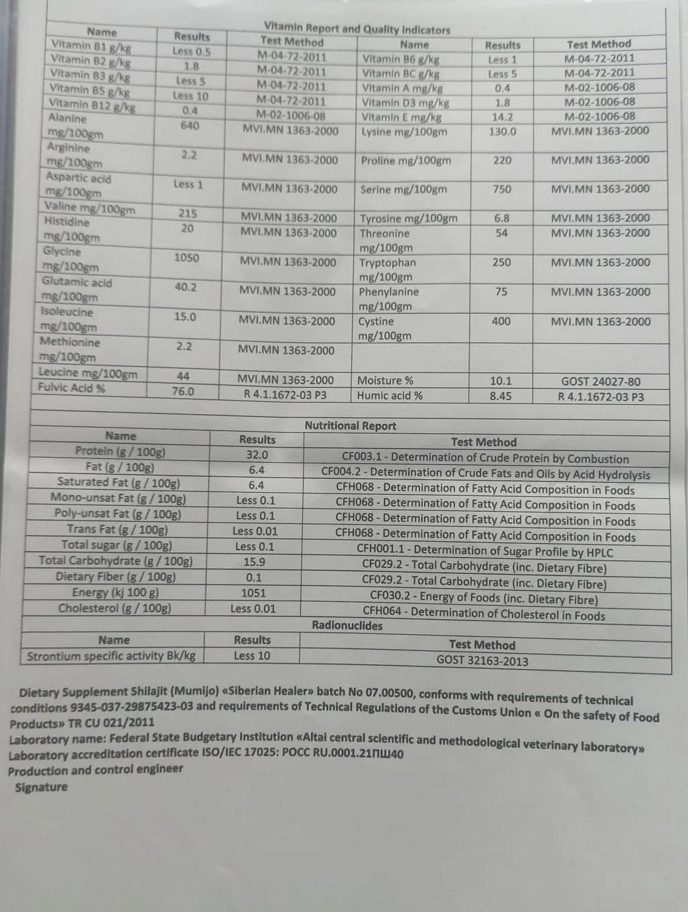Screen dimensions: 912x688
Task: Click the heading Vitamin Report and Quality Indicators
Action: point(357,28)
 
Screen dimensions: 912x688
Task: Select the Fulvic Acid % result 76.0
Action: point(183,391)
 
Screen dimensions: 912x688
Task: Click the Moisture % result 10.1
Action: point(501,381)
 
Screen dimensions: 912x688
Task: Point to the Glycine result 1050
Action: point(187,257)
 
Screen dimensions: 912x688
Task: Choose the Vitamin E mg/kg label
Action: point(401,117)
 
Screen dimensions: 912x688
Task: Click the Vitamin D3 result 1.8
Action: point(502,103)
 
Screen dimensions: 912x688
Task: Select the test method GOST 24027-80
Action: point(600,382)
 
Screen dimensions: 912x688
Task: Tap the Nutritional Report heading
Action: point(350,426)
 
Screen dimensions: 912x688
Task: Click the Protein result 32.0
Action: point(257,454)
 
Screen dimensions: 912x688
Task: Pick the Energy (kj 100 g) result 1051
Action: point(253,593)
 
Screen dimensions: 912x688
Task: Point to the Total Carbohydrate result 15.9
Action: point(254,561)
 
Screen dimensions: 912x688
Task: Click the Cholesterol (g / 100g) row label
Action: point(114,608)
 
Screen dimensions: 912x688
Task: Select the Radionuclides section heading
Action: point(347,625)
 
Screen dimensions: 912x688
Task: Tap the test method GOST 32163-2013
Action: point(482,660)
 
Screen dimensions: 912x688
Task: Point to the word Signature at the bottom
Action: point(41,786)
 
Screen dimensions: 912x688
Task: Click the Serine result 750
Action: point(501,189)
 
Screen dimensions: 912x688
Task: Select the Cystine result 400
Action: point(501,321)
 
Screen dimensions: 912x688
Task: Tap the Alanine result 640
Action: point(189,126)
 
